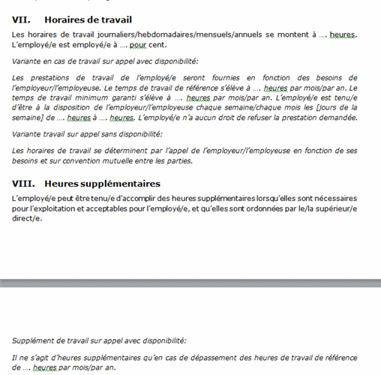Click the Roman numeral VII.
pos(21,20)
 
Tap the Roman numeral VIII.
pos(23,184)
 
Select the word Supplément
pos(34,340)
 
